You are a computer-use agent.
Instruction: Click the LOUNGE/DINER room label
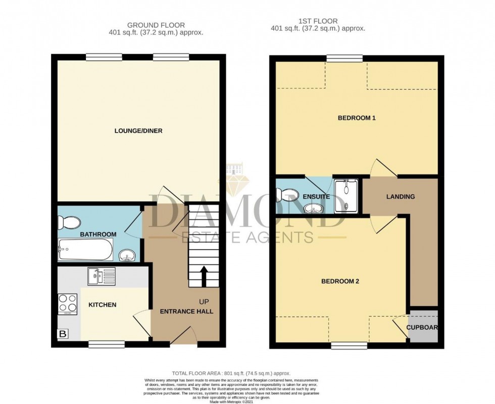[x=138, y=131]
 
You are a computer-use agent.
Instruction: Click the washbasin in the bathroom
[x=127, y=256]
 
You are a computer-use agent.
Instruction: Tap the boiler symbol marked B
[x=63, y=334]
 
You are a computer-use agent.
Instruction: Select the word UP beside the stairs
[x=204, y=302]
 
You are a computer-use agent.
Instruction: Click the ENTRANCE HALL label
[x=186, y=311]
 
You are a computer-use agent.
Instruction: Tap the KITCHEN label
[x=103, y=305]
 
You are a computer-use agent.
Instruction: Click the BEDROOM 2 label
[x=340, y=281]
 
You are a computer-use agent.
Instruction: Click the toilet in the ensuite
[x=285, y=193]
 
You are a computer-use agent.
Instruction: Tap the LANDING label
[x=401, y=197]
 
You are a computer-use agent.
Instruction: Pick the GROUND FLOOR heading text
[x=156, y=25]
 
